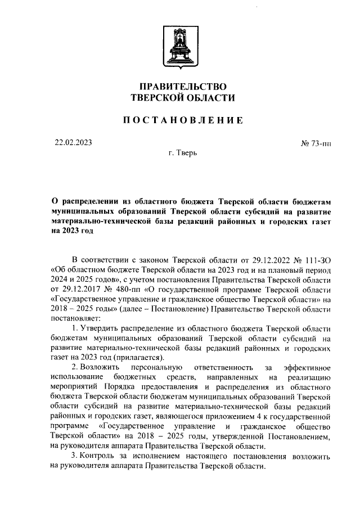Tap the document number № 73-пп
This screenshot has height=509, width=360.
pyautogui.click(x=316, y=144)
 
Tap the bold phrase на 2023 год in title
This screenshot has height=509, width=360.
pyautogui.click(x=72, y=231)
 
